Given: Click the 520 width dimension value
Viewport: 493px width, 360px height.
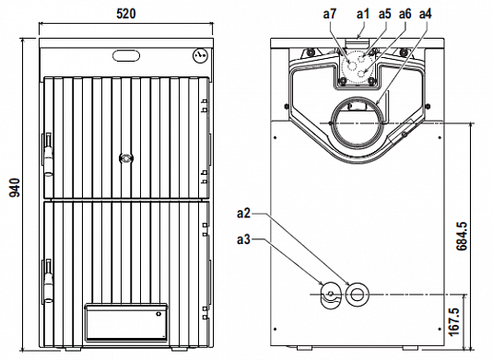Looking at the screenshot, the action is (x=126, y=14).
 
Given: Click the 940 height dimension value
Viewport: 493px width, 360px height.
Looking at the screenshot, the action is (x=15, y=188).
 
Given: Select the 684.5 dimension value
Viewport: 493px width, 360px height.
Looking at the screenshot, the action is (x=462, y=237).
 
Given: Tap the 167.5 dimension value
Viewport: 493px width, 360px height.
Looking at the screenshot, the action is (x=454, y=321).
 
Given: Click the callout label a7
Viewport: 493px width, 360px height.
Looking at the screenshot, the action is (x=330, y=14).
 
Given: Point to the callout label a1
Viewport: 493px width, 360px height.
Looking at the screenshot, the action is (x=363, y=14).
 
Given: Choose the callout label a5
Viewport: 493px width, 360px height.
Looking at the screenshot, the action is (x=385, y=14).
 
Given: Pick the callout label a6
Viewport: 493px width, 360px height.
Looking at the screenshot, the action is (x=405, y=14).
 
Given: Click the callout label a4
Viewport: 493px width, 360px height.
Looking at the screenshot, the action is (x=426, y=14).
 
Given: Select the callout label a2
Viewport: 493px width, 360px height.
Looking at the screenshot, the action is (x=243, y=214).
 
